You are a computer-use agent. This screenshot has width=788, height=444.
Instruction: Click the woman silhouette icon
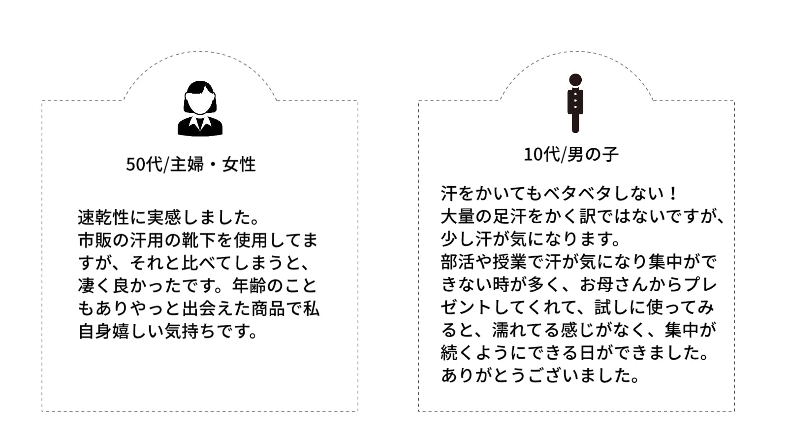(200, 108)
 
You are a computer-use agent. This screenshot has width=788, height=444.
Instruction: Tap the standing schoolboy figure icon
(575, 103)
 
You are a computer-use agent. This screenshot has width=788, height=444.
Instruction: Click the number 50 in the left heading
(135, 165)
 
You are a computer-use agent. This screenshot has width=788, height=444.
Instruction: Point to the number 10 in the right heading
(534, 155)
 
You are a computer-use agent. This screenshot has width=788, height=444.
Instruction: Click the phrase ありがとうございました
(540, 376)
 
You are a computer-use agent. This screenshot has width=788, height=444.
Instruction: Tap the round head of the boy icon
(575, 80)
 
